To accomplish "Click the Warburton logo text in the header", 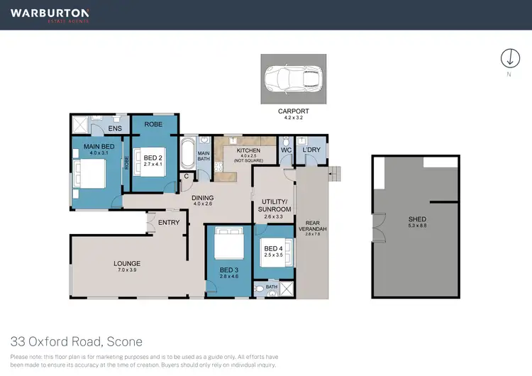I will [x=50, y=13].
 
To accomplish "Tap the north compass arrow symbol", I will [x=507, y=58].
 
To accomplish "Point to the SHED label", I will [x=417, y=219].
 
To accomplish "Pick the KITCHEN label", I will [x=248, y=150].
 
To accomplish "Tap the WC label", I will [x=286, y=150].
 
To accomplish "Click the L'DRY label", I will [x=311, y=150].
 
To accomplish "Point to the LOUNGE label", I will [x=127, y=264].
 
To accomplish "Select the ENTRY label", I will [x=169, y=223].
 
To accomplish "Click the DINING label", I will [x=203, y=198].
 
